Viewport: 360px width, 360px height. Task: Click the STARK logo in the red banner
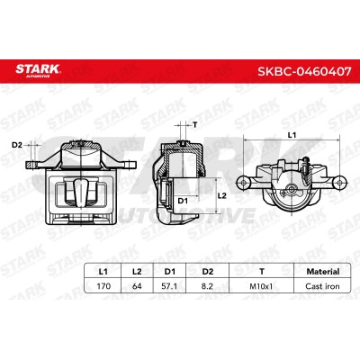click(38, 70)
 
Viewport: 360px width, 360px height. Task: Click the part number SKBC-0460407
click(304, 72)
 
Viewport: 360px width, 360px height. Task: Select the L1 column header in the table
click(103, 272)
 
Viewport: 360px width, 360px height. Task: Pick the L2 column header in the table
click(137, 272)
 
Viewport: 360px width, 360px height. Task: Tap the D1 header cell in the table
click(170, 272)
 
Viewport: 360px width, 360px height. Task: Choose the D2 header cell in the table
click(207, 272)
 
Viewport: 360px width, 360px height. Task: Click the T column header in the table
click(262, 272)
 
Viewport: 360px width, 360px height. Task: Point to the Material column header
click(322, 272)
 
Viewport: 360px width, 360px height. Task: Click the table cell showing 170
click(103, 286)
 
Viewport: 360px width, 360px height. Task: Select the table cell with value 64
click(137, 286)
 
